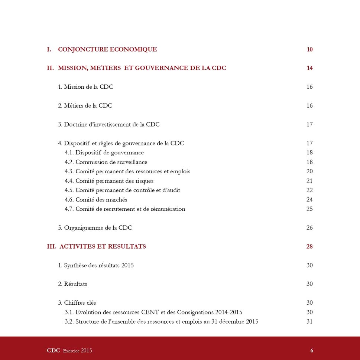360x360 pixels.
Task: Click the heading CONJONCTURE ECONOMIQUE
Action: pos(107,49)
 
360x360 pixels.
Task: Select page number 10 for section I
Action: pos(309,49)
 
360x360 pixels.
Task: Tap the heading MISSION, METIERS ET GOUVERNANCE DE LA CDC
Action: pos(142,68)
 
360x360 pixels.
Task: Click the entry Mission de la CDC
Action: pos(85,87)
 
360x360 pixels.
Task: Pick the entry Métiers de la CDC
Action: pos(85,106)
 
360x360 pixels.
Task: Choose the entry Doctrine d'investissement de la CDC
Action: pos(108,124)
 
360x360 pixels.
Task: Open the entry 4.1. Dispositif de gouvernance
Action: pos(104,153)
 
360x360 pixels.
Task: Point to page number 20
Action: pos(309,171)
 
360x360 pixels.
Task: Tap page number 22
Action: pos(309,190)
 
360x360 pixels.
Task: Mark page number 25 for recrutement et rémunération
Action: pos(309,209)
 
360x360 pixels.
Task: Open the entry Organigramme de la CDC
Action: pos(95,228)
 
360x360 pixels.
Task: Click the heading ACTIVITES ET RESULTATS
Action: pos(102,246)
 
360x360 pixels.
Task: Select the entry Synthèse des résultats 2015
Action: pos(95,265)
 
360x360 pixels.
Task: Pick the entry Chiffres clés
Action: pos(77,303)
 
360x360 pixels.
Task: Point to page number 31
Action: pos(309,321)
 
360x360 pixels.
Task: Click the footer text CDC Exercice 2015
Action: pos(69,351)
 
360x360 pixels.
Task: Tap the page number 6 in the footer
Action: pos(312,351)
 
